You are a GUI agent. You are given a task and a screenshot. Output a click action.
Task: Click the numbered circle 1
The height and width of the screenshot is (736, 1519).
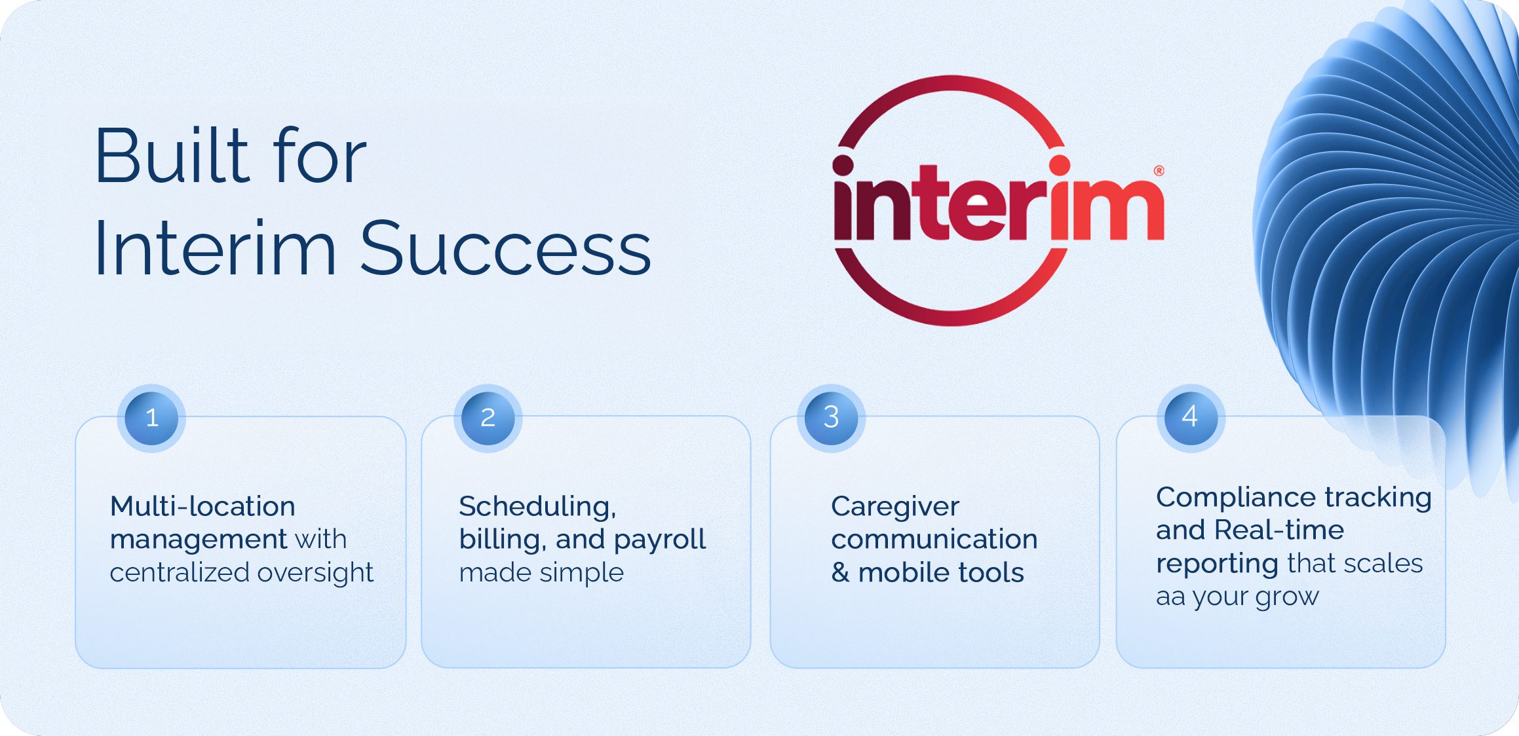[151, 418]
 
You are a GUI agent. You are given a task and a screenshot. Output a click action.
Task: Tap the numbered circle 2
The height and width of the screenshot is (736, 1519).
[488, 418]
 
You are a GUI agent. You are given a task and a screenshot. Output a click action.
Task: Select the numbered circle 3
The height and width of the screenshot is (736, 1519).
[831, 418]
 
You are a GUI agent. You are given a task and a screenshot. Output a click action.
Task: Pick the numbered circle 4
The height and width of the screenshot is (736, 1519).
[1191, 418]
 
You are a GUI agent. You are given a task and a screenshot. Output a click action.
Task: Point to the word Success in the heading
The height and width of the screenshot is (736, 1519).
[505, 249]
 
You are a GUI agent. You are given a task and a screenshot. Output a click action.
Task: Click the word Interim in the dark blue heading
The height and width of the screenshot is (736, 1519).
[216, 249]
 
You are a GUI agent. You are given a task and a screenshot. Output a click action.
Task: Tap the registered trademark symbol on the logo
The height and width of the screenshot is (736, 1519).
[1159, 171]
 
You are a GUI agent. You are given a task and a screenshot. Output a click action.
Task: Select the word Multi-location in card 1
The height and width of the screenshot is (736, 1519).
[202, 506]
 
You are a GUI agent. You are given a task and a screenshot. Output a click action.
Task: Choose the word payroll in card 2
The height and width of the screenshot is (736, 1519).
[660, 540]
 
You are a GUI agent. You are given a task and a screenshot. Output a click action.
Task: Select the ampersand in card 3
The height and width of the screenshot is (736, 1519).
[840, 573]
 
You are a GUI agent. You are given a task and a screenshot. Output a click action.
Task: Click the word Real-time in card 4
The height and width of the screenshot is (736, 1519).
[1279, 530]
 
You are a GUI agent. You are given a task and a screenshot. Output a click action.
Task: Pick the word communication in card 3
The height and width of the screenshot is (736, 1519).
[934, 539]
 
